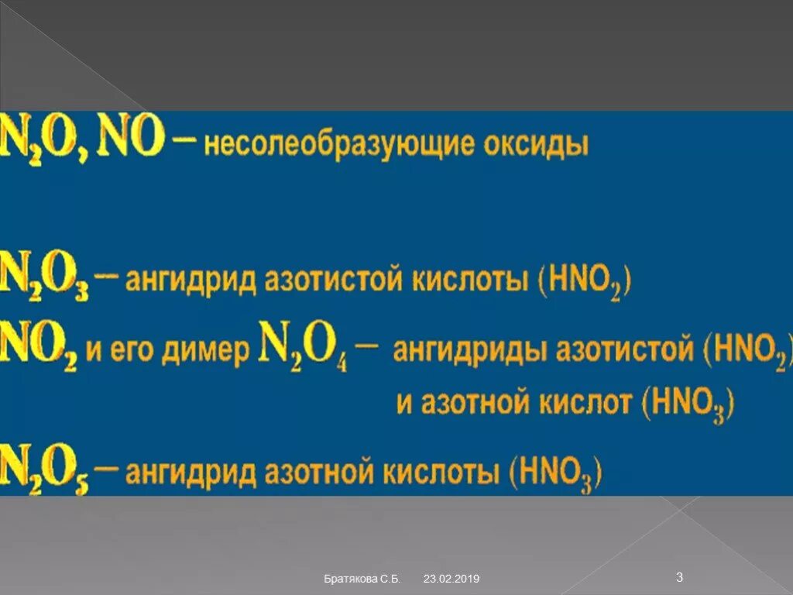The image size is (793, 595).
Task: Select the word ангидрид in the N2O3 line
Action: tap(190, 280)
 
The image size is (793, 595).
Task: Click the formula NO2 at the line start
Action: tap(39, 348)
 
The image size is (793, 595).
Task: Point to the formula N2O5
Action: tap(45, 468)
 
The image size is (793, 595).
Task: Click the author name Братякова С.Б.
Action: tap(362, 579)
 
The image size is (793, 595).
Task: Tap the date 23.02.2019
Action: tap(451, 579)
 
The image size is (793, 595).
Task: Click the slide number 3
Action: tap(679, 576)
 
